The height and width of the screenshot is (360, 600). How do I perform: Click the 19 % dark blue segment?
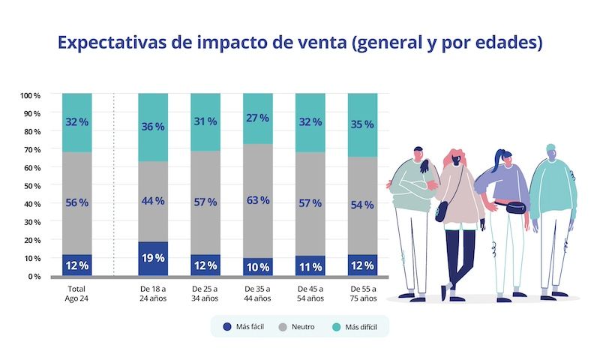pyautogui.click(x=153, y=259)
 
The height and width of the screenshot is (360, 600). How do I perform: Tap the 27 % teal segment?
pyautogui.click(x=257, y=118)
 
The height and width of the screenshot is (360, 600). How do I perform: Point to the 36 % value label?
pyautogui.click(x=153, y=125)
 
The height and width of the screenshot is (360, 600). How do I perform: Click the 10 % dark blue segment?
pyautogui.click(x=257, y=267)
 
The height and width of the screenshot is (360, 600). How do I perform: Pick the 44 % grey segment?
pyautogui.click(x=153, y=201)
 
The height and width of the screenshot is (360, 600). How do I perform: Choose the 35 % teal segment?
pyautogui.click(x=362, y=124)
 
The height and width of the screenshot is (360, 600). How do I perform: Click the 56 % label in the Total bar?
pyautogui.click(x=77, y=202)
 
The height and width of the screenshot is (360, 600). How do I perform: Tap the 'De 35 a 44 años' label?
pyautogui.click(x=257, y=293)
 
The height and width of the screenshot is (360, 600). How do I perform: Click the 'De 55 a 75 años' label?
pyautogui.click(x=362, y=293)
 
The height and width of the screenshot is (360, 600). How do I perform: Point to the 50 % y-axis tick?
pyautogui.click(x=31, y=185)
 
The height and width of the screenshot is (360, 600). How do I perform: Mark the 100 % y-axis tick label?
pyautogui.click(x=30, y=95)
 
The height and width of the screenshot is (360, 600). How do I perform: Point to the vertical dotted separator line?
pyautogui.click(x=113, y=184)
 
